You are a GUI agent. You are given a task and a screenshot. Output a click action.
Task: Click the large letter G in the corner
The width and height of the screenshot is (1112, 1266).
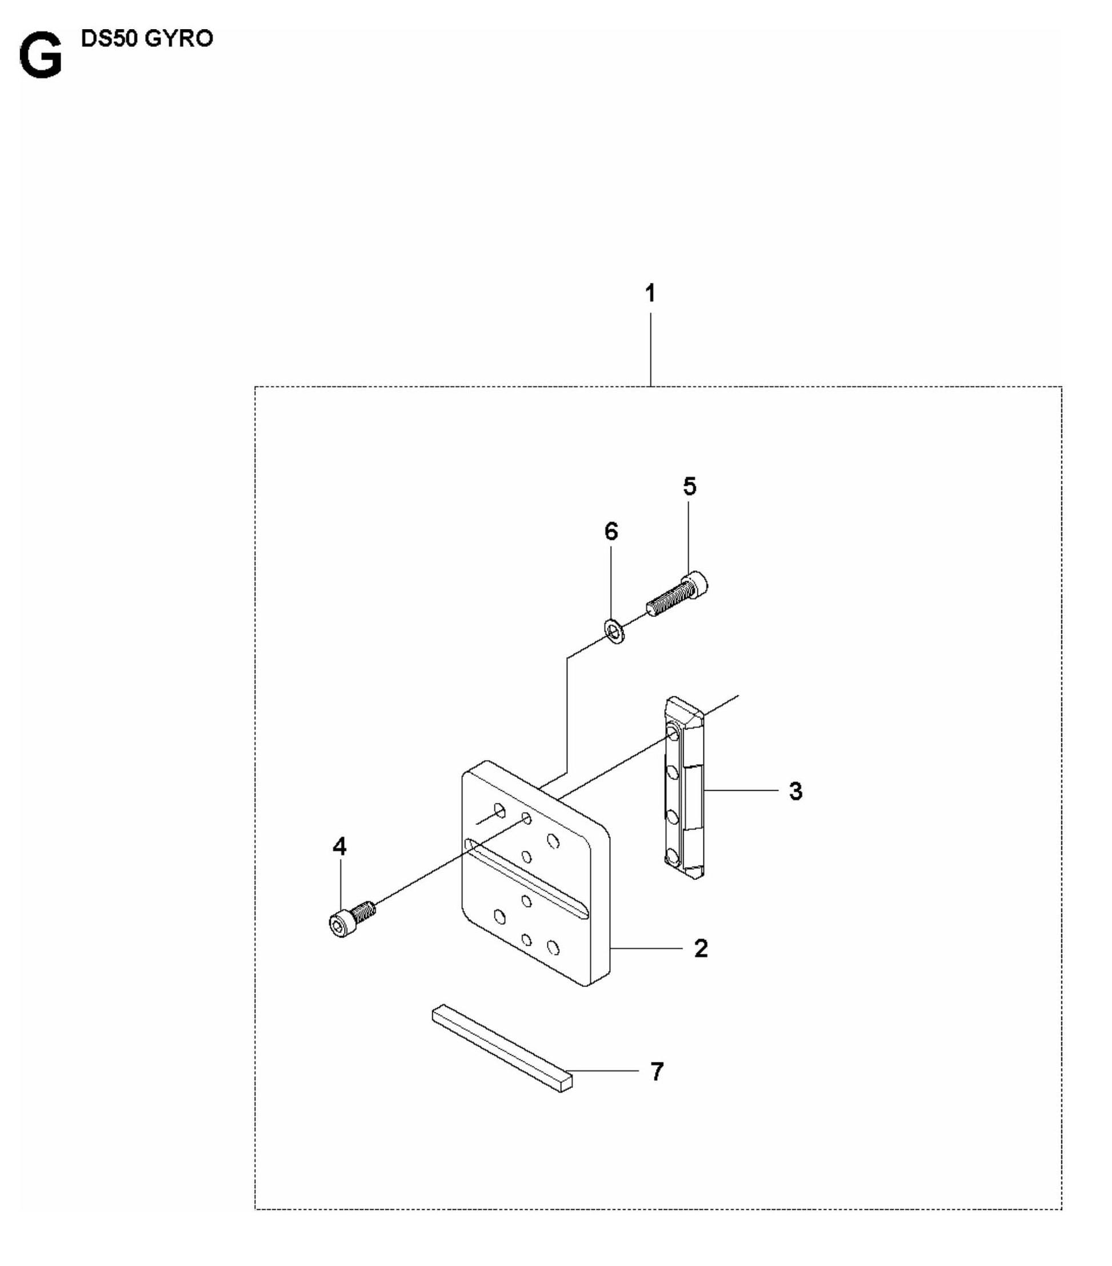point(41,57)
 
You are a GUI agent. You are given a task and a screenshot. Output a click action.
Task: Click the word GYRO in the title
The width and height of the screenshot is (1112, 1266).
point(179,38)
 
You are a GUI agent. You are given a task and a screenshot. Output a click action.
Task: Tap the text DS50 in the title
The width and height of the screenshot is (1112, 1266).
point(112,38)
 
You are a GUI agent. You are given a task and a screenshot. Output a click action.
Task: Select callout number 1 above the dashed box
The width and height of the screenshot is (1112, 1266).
point(650,294)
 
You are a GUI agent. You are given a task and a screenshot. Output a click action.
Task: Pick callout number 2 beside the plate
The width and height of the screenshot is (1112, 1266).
point(701,948)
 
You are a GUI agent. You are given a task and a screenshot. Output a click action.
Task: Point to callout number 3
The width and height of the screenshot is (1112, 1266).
point(795,791)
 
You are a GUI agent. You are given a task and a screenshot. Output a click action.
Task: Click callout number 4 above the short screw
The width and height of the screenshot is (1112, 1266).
point(339,846)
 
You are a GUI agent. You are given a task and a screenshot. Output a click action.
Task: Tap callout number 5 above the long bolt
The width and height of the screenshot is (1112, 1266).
point(690,486)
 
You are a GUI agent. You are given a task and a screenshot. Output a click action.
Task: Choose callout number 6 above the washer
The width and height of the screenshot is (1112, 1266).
point(611,531)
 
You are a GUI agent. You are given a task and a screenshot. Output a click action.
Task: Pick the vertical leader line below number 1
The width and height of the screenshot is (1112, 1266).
point(650,349)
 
